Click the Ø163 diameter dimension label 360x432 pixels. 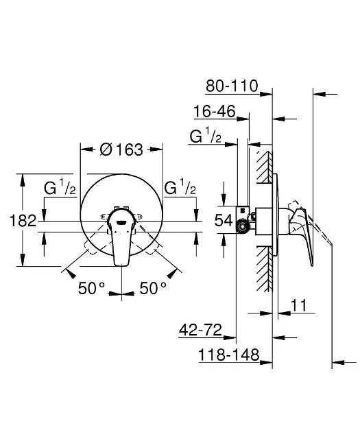[x=121, y=149]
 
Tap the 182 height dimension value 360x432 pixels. [x=23, y=220]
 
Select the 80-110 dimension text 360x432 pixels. [x=232, y=86]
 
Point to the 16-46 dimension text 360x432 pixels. [x=215, y=111]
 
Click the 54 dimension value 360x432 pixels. [x=224, y=220]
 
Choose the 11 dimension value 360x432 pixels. [x=298, y=305]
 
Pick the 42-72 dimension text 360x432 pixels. [x=200, y=330]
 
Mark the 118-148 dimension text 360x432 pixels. [x=229, y=355]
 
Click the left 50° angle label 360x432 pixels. [x=91, y=288]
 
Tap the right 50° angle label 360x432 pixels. [x=153, y=288]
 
